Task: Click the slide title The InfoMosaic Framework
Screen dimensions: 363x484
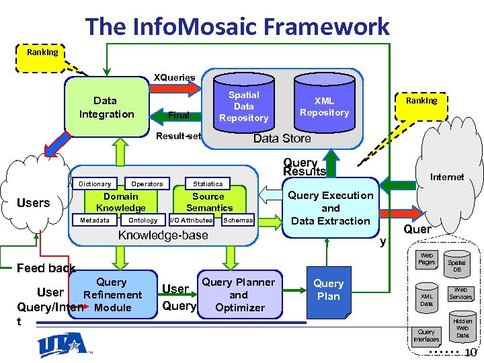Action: click(x=237, y=27)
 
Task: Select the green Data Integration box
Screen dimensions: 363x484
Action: click(x=106, y=108)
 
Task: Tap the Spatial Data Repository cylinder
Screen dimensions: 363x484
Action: click(x=243, y=106)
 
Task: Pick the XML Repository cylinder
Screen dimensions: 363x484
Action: click(x=324, y=106)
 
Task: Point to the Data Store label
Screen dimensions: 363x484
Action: click(x=282, y=138)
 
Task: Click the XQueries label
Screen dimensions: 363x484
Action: click(x=174, y=77)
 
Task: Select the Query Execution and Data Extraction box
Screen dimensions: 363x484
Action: click(x=330, y=208)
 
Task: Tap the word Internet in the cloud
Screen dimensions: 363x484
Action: click(x=446, y=177)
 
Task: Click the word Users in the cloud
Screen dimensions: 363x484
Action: click(x=33, y=203)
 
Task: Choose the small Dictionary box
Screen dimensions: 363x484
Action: click(x=95, y=184)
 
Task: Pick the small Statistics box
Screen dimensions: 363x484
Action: click(x=208, y=184)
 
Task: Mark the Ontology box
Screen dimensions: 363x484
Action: click(x=143, y=220)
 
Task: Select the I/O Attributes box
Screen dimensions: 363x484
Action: click(x=192, y=220)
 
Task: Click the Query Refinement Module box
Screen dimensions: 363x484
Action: click(x=112, y=295)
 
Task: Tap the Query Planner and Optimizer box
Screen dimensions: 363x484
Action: click(x=239, y=294)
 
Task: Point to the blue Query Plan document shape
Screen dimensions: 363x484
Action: click(x=328, y=291)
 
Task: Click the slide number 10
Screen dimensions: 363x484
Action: click(x=471, y=353)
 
